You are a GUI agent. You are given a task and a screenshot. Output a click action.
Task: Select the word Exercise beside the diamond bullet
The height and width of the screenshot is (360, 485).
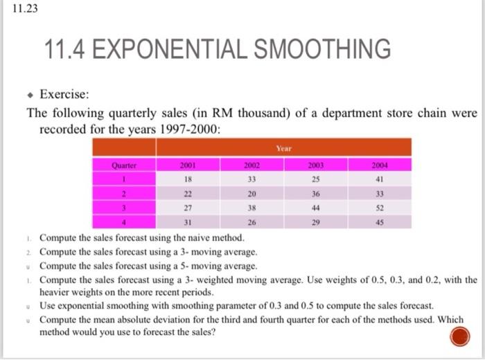click(64, 94)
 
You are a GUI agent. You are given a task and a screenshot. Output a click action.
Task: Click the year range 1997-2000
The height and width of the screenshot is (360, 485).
click(189, 129)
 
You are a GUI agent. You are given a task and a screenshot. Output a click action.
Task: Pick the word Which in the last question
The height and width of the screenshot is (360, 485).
click(450, 319)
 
